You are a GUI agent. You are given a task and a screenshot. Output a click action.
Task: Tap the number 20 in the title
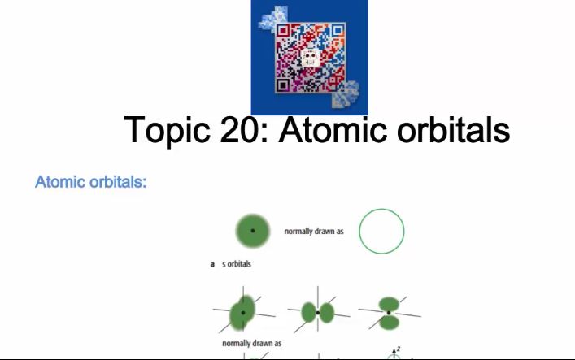coord(242,130)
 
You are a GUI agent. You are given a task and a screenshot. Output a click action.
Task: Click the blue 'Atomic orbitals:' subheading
coord(90,181)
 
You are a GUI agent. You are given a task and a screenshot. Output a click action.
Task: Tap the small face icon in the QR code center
coord(310,59)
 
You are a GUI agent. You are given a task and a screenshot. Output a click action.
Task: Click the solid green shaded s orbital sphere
coord(252,232)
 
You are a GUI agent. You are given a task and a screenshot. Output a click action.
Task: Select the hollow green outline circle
coord(381,232)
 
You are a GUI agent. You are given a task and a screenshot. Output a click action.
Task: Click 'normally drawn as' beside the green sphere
coord(314,232)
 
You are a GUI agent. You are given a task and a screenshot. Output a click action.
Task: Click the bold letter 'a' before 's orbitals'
coord(212,264)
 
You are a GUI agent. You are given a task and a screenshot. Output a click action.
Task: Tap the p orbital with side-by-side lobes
coord(318,312)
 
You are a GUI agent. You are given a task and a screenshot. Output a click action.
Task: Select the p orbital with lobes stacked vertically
coord(389,312)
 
